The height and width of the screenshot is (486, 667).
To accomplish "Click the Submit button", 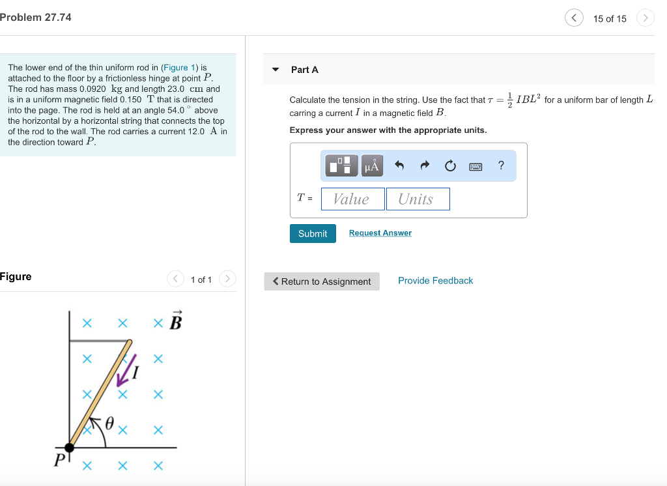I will tap(313, 233).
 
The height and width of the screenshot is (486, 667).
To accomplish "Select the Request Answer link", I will tap(380, 233).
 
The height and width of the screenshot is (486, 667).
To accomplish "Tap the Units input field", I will tap(418, 199).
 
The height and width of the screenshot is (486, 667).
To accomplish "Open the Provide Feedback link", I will tap(435, 281).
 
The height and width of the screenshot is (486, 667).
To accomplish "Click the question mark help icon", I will tap(501, 165).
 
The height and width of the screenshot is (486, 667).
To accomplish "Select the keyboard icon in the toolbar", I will tap(475, 166).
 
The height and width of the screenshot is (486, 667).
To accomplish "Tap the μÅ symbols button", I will tap(371, 166).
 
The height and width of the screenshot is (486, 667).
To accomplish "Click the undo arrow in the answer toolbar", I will tap(399, 166).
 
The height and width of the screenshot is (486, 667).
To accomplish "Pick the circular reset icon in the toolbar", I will tap(450, 166).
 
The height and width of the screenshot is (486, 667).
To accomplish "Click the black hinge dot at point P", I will tap(70, 447).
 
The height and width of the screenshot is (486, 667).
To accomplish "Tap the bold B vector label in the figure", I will tap(175, 321).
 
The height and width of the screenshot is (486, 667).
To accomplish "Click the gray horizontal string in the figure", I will tap(98, 340).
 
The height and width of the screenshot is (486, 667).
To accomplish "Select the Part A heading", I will tap(304, 70).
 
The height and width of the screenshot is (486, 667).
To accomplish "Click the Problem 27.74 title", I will tap(36, 18).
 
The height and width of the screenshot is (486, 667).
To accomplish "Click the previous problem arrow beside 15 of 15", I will tap(573, 18).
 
